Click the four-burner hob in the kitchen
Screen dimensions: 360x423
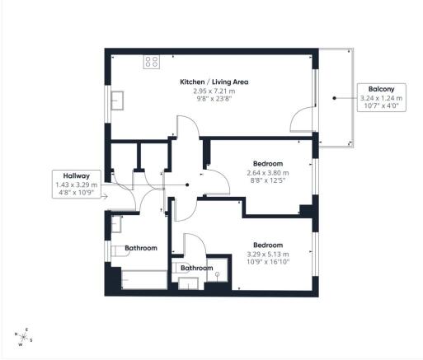[152, 61]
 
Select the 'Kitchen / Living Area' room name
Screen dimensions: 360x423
[214, 82]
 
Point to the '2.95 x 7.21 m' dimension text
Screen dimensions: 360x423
[214, 91]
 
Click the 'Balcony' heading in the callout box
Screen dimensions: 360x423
[381, 89]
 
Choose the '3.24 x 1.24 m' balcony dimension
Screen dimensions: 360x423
[381, 97]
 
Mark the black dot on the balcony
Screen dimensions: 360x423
[334, 97]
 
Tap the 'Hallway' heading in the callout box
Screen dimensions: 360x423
[76, 175]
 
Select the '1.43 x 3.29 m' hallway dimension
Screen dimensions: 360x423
[76, 185]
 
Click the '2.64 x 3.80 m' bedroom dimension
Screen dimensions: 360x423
[268, 173]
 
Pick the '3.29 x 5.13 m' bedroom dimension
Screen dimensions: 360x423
[268, 255]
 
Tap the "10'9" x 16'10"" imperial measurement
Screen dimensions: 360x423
[268, 264]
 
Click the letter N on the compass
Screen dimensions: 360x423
[17, 334]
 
